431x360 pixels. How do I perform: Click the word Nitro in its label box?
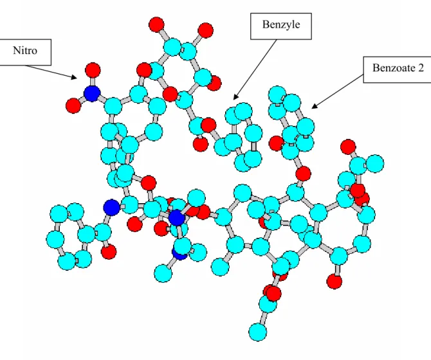25,51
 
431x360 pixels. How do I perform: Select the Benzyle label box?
280,26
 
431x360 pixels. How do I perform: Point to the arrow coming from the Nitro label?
51,72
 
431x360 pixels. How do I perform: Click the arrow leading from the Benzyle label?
255,69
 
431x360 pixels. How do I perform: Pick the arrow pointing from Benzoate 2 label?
338,91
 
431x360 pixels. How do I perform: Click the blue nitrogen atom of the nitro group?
92,93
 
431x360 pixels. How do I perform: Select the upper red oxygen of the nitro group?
93,70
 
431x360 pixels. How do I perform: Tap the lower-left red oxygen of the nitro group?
73,105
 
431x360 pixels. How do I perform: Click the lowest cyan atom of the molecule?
257,332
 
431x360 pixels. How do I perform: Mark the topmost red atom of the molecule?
156,24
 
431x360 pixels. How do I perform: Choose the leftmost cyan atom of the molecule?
55,239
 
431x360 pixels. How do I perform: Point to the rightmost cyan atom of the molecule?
375,164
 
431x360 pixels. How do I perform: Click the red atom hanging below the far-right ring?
335,282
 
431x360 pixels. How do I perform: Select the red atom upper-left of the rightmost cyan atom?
348,147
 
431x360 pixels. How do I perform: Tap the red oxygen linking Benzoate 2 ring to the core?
303,174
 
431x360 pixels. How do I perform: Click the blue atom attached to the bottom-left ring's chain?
111,208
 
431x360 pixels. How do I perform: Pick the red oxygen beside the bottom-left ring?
109,251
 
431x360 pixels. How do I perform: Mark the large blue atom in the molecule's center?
176,217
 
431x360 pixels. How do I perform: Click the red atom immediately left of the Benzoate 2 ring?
276,143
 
